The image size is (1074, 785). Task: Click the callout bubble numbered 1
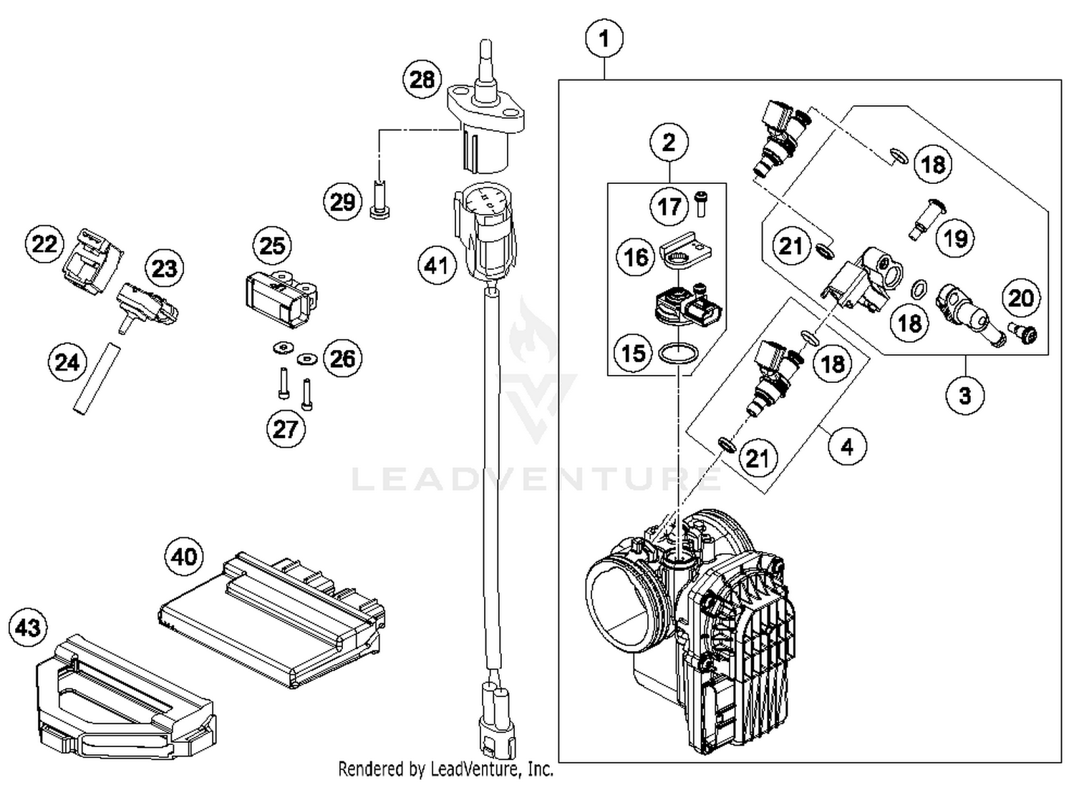[604, 38]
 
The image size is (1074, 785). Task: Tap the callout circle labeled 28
[422, 79]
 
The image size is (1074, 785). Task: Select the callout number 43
[28, 628]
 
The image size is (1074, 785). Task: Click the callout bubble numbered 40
[184, 556]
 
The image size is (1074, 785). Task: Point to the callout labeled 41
[437, 265]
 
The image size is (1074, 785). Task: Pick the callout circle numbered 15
[633, 353]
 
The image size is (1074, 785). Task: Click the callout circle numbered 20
[1021, 297]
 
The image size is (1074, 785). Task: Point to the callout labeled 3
[964, 394]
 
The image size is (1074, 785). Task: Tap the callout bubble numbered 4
[848, 447]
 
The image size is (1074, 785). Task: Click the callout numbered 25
[272, 245]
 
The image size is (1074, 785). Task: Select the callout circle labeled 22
[44, 243]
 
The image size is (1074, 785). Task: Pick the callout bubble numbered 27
[285, 429]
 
